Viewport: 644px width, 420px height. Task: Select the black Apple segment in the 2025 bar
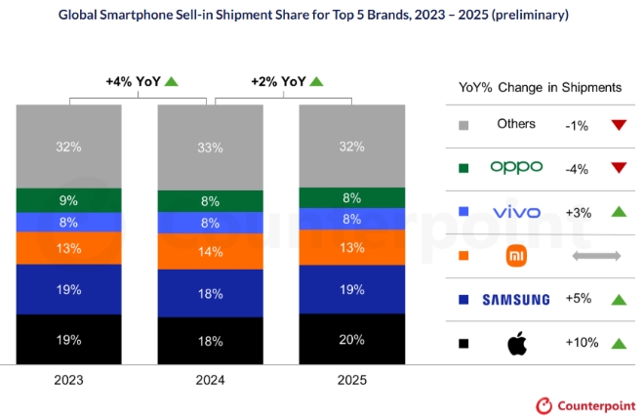(351, 338)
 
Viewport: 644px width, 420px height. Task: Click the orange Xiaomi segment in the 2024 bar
(210, 251)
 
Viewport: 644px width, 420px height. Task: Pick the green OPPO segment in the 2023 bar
(68, 200)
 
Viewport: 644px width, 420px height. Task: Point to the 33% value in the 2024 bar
(210, 147)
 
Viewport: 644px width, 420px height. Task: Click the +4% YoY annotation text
(133, 81)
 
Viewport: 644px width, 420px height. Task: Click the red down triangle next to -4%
(618, 168)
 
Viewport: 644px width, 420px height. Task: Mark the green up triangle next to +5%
(618, 300)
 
